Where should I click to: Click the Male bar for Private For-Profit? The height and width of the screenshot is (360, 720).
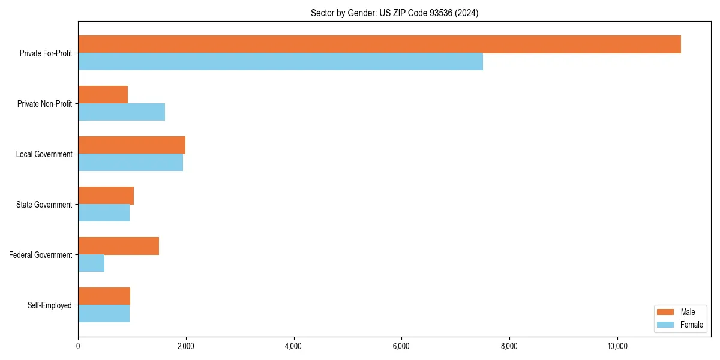pyautogui.click(x=379, y=44)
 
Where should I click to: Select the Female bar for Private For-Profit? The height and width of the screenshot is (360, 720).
pyautogui.click(x=280, y=62)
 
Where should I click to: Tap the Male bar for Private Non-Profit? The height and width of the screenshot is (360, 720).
pyautogui.click(x=103, y=95)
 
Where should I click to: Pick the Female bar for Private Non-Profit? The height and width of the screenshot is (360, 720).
pyautogui.click(x=121, y=112)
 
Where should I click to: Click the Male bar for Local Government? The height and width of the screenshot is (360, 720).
pyautogui.click(x=131, y=145)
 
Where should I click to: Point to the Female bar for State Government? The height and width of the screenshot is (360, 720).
pyautogui.click(x=104, y=213)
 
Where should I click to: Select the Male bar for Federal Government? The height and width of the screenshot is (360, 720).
pyautogui.click(x=118, y=246)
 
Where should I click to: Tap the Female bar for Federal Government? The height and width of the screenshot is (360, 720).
pyautogui.click(x=91, y=263)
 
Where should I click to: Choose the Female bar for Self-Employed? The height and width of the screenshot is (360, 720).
pyautogui.click(x=104, y=314)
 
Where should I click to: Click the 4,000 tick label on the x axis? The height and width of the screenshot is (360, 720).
pyautogui.click(x=293, y=346)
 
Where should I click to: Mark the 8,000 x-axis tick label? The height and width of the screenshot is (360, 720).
pyautogui.click(x=509, y=346)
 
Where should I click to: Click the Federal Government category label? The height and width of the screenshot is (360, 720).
pyautogui.click(x=41, y=255)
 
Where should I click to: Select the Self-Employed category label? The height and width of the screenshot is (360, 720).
pyautogui.click(x=50, y=305)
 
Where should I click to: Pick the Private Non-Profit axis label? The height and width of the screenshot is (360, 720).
pyautogui.click(x=44, y=104)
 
